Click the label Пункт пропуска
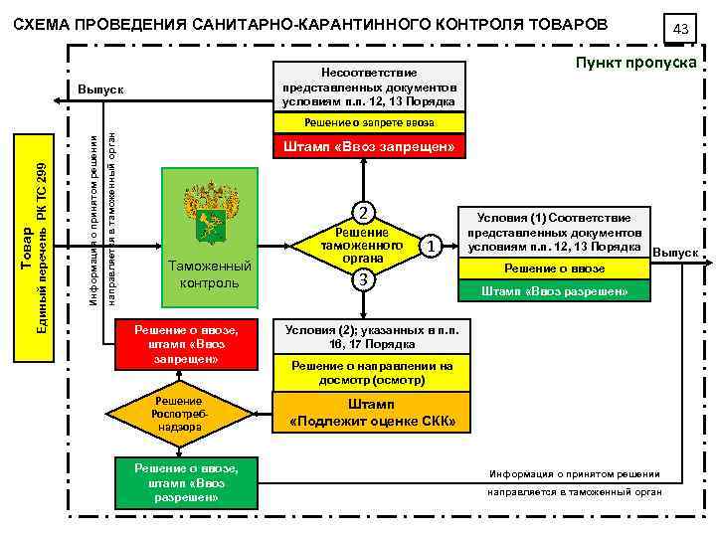pos(635,62)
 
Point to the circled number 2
pos(365,212)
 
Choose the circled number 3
pos(365,279)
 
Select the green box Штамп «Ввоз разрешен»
pos(554,291)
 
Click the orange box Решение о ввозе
pos(554,268)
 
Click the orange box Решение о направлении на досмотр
pos(371,373)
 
